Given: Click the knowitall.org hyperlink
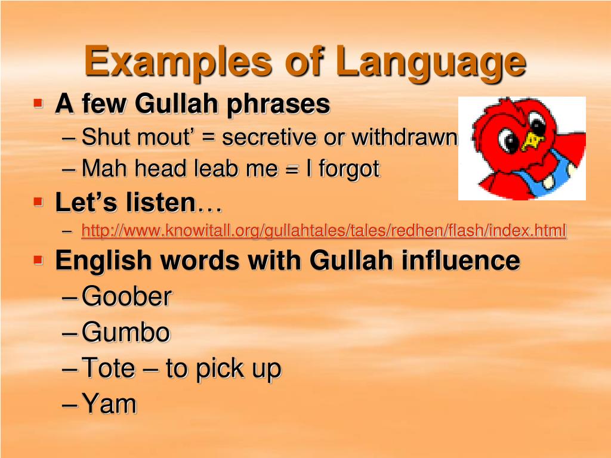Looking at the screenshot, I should [x=323, y=230].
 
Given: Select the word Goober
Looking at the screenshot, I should [x=126, y=296].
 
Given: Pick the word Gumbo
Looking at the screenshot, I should [x=126, y=332].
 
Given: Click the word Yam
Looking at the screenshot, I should [x=109, y=404].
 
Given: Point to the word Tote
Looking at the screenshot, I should [x=108, y=368].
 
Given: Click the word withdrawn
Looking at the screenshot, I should [x=404, y=137].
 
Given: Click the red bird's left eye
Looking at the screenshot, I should [x=510, y=141].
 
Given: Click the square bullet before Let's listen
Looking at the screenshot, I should [x=39, y=203].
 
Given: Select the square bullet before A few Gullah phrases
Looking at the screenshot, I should [x=39, y=104].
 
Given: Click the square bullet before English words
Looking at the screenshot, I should [x=39, y=261].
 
